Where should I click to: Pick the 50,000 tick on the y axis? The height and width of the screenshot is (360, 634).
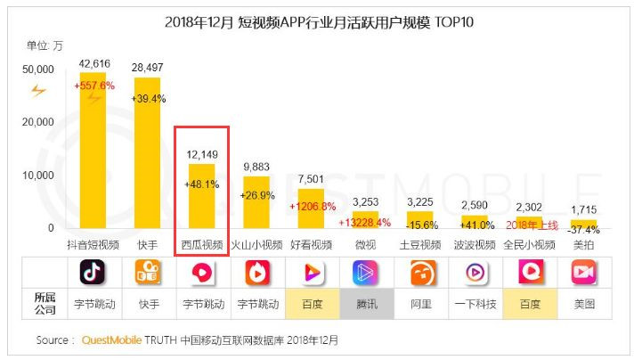(39, 69)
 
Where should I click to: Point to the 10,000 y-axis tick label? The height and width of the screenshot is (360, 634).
(39, 176)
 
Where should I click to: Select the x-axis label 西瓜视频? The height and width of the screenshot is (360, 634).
(202, 244)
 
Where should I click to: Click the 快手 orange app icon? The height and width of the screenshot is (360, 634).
(147, 273)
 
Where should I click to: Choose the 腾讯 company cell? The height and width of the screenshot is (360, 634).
(367, 304)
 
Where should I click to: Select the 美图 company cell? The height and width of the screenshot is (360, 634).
(584, 304)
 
